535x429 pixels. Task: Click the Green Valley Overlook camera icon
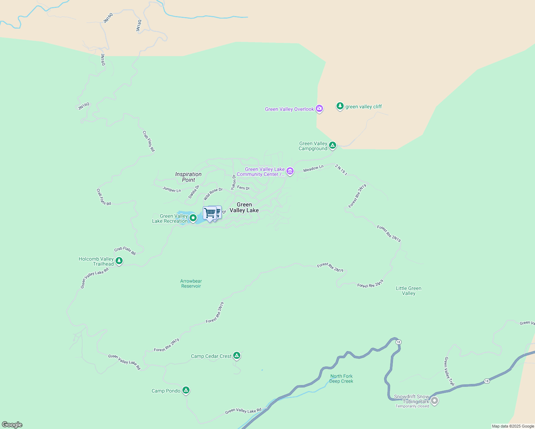pyautogui.click(x=319, y=109)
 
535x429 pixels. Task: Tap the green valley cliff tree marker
pyautogui.click(x=340, y=106)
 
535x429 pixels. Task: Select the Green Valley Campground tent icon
pyautogui.click(x=333, y=145)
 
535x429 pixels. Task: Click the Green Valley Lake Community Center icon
pyautogui.click(x=290, y=172)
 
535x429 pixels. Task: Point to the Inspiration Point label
pyautogui.click(x=188, y=177)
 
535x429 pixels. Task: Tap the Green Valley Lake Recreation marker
pyautogui.click(x=193, y=217)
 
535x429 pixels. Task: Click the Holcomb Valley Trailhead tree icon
pyautogui.click(x=119, y=261)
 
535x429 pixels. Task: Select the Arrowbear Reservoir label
pyautogui.click(x=191, y=283)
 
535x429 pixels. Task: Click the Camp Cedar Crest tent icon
pyautogui.click(x=236, y=355)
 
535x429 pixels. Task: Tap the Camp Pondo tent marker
pyautogui.click(x=186, y=390)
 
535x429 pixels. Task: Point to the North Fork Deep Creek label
pyautogui.click(x=341, y=379)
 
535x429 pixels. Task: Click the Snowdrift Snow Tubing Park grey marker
pyautogui.click(x=435, y=400)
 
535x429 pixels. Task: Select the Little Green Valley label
pyautogui.click(x=408, y=291)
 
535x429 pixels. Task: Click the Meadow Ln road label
pyautogui.click(x=313, y=168)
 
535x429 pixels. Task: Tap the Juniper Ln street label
pyautogui.click(x=172, y=189)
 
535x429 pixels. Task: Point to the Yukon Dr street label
pyautogui.click(x=234, y=182)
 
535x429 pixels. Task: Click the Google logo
pyautogui.click(x=12, y=425)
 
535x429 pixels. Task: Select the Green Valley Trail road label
pyautogui.click(x=449, y=371)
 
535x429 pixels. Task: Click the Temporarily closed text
pyautogui.click(x=412, y=406)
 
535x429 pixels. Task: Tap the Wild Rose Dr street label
pyautogui.click(x=213, y=194)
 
